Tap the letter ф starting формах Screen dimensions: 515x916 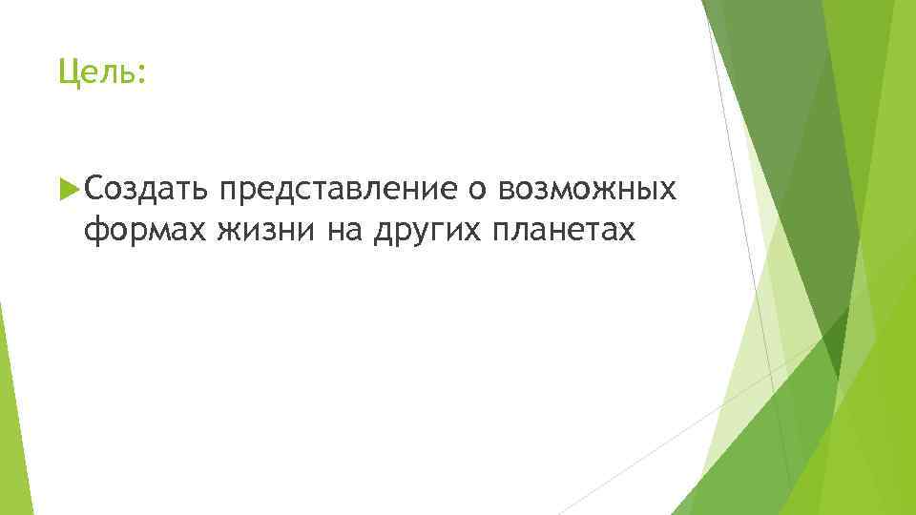tap(94, 231)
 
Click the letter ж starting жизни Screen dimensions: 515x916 tap(225, 230)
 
